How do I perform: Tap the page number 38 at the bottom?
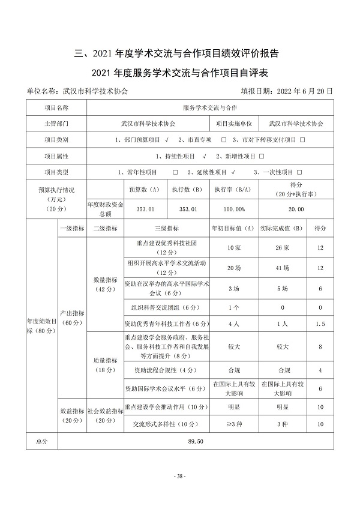[180, 476]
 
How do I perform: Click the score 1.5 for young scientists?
[320, 324]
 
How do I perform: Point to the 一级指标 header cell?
[71, 228]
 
